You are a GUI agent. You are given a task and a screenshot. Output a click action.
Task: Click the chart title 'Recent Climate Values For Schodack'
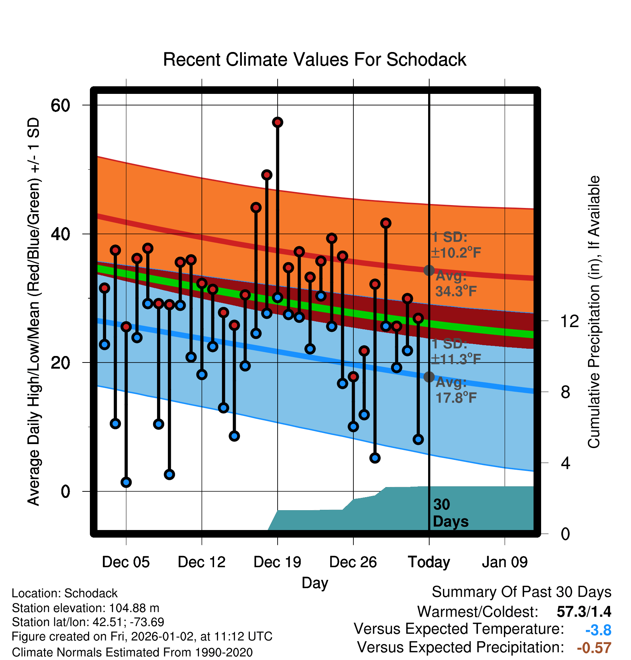[314, 60]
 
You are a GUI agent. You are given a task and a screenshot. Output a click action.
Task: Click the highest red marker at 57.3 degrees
[278, 122]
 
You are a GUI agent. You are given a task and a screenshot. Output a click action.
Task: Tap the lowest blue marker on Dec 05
[126, 482]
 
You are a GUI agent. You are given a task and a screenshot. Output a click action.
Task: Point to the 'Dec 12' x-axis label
[201, 562]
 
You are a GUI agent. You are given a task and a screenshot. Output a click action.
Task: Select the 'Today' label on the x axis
[429, 562]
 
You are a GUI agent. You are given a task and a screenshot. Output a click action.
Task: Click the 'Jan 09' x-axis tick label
[505, 562]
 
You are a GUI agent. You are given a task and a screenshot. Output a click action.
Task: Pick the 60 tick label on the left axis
[60, 105]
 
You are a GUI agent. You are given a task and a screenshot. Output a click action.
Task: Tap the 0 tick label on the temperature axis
[65, 491]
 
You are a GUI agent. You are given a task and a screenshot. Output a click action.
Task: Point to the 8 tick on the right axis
[565, 392]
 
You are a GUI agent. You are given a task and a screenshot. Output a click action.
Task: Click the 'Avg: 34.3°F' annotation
[456, 284]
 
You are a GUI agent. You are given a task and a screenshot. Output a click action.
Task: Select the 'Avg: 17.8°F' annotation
[456, 390]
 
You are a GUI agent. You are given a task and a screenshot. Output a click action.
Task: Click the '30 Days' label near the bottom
[450, 513]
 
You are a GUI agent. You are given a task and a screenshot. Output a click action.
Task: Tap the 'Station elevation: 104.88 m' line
[86, 608]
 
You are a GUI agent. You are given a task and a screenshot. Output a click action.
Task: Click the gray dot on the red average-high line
[429, 270]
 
